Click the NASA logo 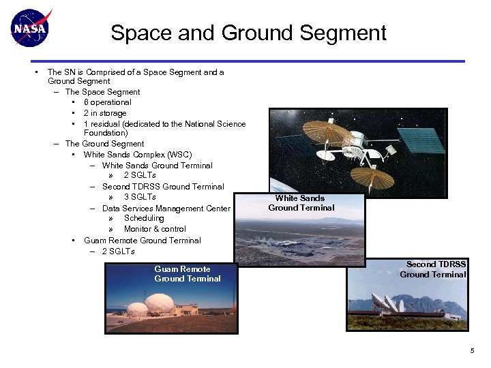tap(30, 27)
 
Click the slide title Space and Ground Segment tap(248, 33)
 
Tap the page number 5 tap(472, 350)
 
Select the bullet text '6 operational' tap(108, 102)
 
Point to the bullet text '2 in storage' tap(105, 113)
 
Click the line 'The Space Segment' tap(102, 92)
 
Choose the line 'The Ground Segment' tap(104, 144)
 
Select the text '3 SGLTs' tap(140, 197)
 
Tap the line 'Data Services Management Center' tap(166, 209)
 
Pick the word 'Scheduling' tap(144, 218)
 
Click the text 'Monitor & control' tap(155, 229)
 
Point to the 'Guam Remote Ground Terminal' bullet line tap(142, 241)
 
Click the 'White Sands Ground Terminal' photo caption tap(301, 203)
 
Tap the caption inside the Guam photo tap(187, 274)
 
